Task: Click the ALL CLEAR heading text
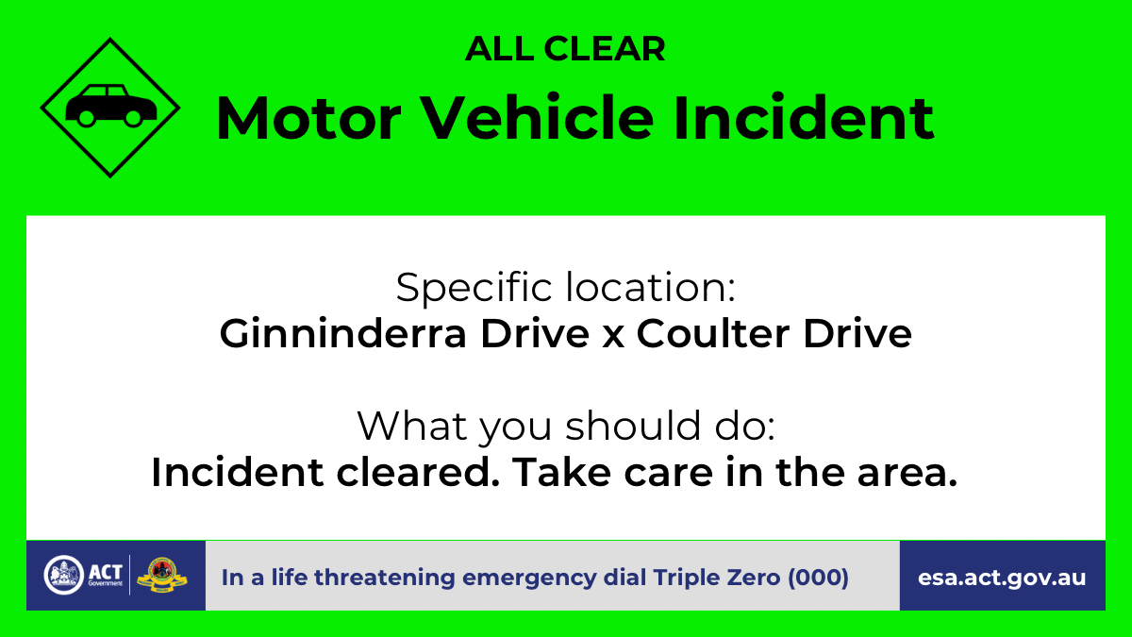click(x=565, y=49)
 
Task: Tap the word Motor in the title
click(x=308, y=118)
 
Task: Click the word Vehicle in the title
click(x=537, y=117)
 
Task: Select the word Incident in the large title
click(x=804, y=117)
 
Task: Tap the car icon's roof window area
click(x=104, y=92)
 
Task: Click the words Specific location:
click(x=565, y=287)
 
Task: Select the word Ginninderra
click(x=342, y=335)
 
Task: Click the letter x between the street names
click(x=613, y=339)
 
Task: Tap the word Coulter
click(x=712, y=334)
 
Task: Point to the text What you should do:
click(x=566, y=427)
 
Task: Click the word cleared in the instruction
click(x=418, y=472)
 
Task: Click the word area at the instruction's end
click(x=907, y=476)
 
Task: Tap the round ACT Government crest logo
click(x=64, y=575)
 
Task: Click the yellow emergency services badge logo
click(x=162, y=576)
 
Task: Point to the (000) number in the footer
click(x=818, y=578)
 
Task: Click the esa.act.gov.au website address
click(x=1002, y=578)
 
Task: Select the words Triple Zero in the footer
click(x=716, y=578)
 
